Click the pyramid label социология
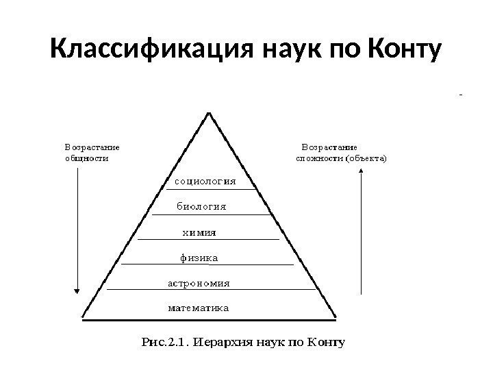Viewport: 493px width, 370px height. tap(205, 182)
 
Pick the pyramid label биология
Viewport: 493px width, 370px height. tap(202, 206)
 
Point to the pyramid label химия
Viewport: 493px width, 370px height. tap(199, 232)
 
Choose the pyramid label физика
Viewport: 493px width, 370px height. tap(199, 258)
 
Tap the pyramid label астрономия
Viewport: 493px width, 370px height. tap(199, 282)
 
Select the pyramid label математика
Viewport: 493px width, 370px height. tap(199, 308)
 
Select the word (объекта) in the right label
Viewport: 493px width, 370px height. tap(366, 158)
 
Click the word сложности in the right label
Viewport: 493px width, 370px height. tap(319, 158)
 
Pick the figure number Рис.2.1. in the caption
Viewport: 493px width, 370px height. tap(164, 341)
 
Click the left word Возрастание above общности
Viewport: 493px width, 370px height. tap(92, 146)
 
